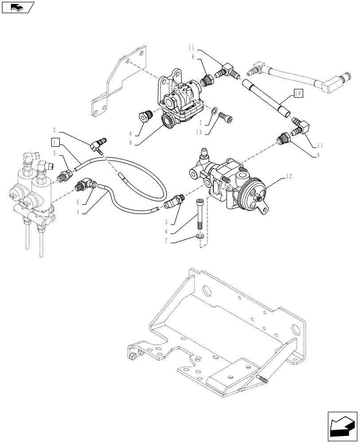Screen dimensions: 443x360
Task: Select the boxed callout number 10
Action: click(x=297, y=93)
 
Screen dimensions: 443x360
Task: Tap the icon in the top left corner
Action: click(x=17, y=7)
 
